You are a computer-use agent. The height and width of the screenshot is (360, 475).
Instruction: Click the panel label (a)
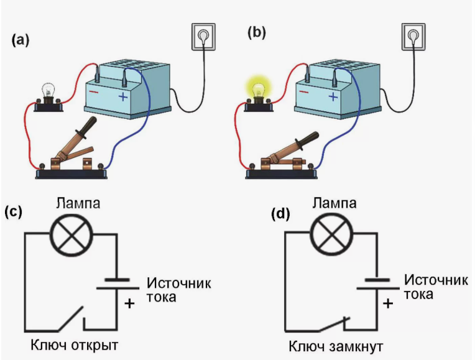[20, 40]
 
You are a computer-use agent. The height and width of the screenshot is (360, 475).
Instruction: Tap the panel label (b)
[256, 32]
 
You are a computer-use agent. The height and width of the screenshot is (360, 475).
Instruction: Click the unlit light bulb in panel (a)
[47, 93]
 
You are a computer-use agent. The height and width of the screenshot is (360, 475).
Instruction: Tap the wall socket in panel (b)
[412, 39]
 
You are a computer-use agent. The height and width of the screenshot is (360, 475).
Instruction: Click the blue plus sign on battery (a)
[123, 97]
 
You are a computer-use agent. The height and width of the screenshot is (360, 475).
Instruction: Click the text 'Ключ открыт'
[73, 344]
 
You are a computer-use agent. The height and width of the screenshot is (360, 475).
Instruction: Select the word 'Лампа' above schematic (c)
[75, 202]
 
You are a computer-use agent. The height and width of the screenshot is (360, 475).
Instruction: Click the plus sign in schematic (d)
[387, 304]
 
